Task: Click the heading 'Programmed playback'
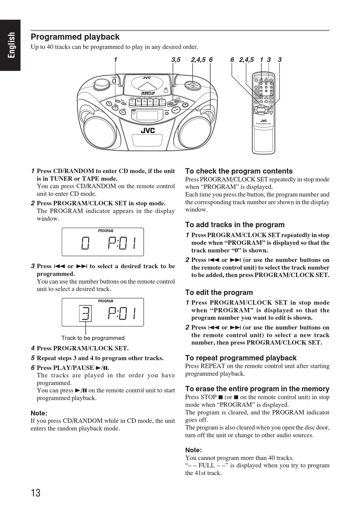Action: point(75,37)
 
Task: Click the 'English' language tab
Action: point(11,45)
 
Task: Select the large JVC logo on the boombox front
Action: point(148,131)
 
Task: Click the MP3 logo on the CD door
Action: point(147,93)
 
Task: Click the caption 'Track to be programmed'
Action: point(93,338)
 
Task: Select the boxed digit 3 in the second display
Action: point(85,313)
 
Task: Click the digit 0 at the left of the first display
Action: point(85,243)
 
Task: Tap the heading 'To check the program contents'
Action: point(239,171)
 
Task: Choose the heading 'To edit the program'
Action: point(219,292)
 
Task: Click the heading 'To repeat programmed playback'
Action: point(241,358)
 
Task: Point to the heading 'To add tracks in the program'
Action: point(235,225)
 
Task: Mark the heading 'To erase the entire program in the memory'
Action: point(257,389)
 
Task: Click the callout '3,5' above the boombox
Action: point(176,59)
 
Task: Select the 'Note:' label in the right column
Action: point(193,450)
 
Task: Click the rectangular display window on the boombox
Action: point(147,115)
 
